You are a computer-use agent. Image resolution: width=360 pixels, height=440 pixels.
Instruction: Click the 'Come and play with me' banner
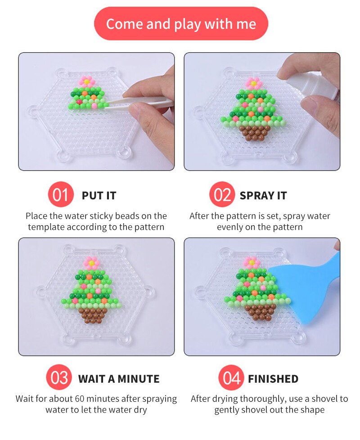[181, 23]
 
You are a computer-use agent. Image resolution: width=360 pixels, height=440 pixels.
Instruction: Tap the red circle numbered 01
[61, 194]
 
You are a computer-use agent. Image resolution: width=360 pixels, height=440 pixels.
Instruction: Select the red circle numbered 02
[222, 194]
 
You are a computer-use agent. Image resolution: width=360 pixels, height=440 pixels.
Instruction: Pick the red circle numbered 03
[59, 377]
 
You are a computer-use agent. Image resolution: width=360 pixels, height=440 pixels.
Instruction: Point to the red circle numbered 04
[231, 377]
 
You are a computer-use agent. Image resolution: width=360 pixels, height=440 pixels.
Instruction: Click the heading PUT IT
[99, 196]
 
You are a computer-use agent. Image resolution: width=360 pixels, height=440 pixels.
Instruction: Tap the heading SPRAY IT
[263, 196]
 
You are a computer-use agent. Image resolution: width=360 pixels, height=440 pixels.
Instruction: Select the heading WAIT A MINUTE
[119, 379]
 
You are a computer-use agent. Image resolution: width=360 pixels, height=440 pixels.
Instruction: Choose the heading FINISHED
[273, 379]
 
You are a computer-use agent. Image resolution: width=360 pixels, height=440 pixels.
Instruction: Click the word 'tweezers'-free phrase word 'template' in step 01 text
[45, 227]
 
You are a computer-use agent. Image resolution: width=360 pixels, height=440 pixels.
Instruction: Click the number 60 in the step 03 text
[80, 399]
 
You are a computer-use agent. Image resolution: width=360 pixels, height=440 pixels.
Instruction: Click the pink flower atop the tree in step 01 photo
[87, 81]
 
